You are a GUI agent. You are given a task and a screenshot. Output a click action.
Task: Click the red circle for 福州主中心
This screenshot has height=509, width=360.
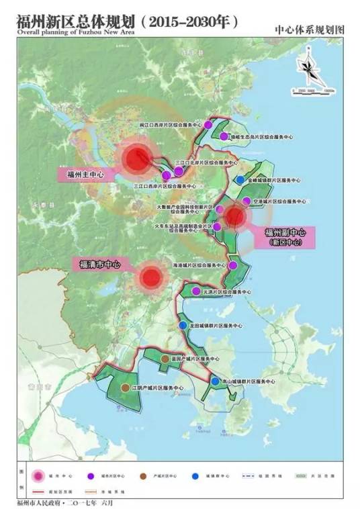137,160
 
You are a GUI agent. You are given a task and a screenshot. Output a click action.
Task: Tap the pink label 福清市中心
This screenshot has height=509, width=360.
96,265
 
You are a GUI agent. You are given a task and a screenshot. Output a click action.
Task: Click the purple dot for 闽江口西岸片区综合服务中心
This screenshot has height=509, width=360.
208,125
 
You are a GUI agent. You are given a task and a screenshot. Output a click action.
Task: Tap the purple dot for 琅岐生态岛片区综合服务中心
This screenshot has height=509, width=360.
224,136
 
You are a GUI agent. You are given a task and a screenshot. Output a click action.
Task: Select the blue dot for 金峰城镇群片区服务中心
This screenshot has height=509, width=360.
240,180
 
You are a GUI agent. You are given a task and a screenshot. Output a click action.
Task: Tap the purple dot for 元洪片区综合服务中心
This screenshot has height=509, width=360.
195,291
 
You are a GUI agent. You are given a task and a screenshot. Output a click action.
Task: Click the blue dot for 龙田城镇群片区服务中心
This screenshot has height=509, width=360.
183,325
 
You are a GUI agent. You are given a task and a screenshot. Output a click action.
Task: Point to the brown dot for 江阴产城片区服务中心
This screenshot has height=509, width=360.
125,388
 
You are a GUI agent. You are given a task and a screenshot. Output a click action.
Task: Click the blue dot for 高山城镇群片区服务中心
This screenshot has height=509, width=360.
215,381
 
